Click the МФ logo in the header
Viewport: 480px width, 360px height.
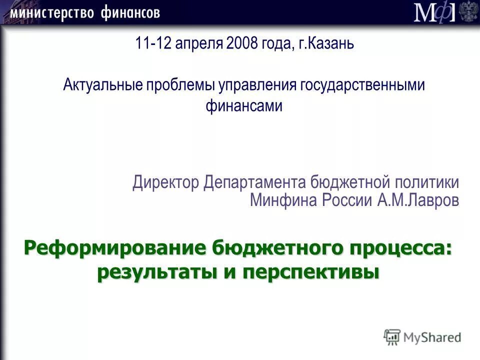434,12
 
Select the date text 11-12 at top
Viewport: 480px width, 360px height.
150,43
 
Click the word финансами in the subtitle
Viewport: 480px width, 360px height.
244,106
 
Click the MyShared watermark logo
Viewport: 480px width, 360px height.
422,336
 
